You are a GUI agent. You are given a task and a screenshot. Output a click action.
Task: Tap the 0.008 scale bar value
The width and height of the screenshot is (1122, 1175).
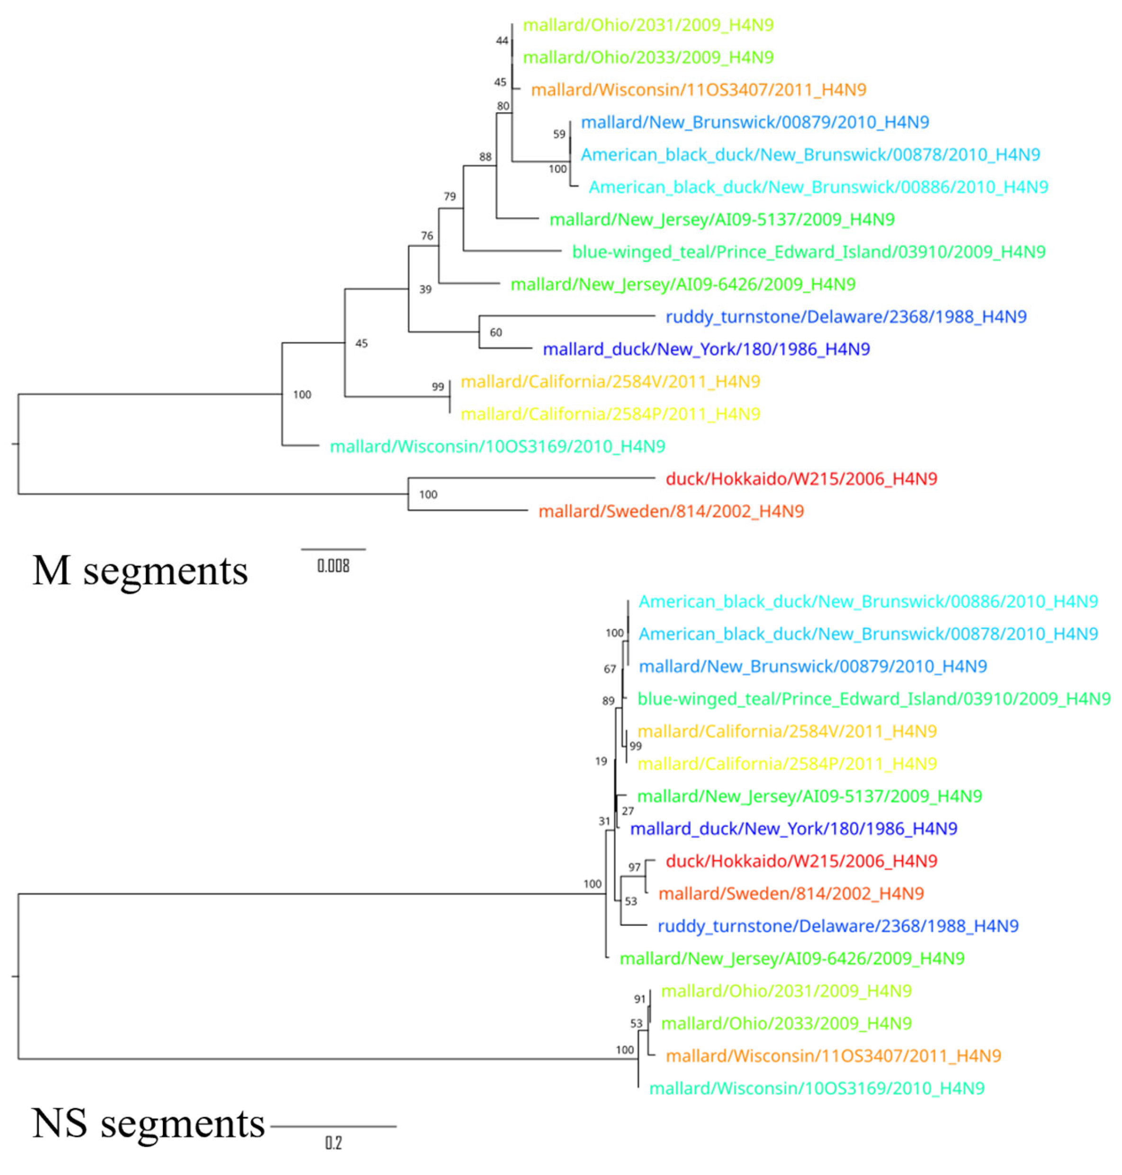pyautogui.click(x=333, y=565)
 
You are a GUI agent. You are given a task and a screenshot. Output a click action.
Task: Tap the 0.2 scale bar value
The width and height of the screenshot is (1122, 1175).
pyautogui.click(x=333, y=1143)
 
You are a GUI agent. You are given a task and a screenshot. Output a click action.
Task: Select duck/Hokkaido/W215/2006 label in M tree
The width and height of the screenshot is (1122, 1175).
pyautogui.click(x=801, y=479)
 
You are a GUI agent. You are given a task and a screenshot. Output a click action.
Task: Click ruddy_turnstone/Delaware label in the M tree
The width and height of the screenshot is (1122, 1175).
pyautogui.click(x=846, y=317)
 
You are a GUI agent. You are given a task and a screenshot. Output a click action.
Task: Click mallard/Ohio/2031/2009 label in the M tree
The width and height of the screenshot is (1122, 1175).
pyautogui.click(x=648, y=25)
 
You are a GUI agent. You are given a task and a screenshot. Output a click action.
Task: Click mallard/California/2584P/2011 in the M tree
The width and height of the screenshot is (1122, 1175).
pyautogui.click(x=610, y=414)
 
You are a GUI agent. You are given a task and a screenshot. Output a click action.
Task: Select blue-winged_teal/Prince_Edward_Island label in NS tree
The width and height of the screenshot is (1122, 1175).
pyautogui.click(x=873, y=699)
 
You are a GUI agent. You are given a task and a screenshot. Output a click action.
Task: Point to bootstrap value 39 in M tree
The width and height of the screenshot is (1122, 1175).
pyautogui.click(x=425, y=289)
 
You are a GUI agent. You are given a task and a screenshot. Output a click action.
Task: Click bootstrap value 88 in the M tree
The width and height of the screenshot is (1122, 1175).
pyautogui.click(x=485, y=157)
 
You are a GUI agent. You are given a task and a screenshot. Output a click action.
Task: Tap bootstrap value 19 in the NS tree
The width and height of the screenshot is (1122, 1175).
pyautogui.click(x=601, y=761)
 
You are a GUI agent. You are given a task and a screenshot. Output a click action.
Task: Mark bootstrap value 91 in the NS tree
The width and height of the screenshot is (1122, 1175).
pyautogui.click(x=640, y=999)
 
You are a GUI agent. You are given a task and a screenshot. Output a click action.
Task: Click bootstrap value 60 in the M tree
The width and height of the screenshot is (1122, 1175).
pyautogui.click(x=496, y=332)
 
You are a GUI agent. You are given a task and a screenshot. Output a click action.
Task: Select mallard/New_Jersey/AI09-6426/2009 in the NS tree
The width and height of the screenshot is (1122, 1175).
pyautogui.click(x=792, y=959)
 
